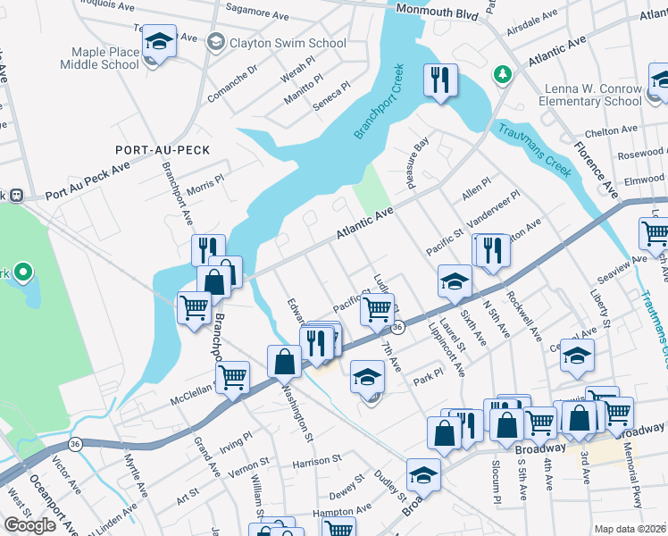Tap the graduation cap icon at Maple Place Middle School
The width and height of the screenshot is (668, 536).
tap(159, 41)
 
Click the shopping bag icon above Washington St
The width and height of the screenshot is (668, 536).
tap(284, 362)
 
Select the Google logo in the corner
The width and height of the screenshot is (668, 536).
tap(29, 525)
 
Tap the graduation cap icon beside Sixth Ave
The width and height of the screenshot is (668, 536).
tap(455, 281)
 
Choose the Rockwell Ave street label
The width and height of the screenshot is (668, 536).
tap(525, 318)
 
